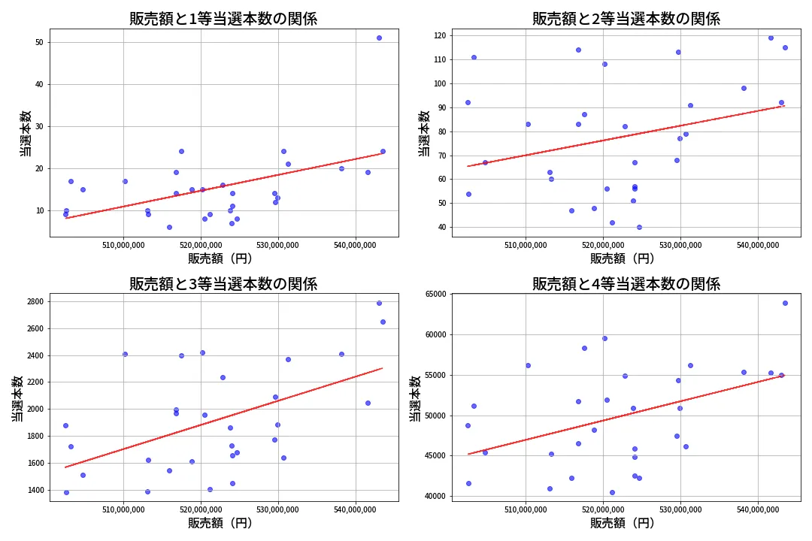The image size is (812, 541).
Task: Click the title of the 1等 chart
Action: coord(223,19)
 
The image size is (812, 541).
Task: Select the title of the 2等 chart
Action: coord(626,19)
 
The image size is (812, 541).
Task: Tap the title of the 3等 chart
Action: coord(223,284)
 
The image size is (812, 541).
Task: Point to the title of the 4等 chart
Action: coord(626,284)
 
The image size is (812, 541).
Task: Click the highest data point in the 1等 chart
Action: coord(379,38)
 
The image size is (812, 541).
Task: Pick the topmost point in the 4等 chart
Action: coord(785,303)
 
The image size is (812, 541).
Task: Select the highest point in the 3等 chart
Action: coord(379,303)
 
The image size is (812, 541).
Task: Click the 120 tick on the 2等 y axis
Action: coord(438,35)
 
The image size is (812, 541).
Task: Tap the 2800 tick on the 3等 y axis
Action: coord(35,302)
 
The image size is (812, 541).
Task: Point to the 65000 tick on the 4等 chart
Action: coord(434,295)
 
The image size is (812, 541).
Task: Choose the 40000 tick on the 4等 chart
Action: coord(434,497)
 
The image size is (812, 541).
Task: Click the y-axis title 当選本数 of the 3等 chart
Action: coord(17,398)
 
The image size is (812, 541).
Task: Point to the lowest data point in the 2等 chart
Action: coord(639,227)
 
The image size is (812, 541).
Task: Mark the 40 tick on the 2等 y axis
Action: coord(441,228)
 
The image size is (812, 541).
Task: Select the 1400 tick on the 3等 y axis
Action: coord(35,490)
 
